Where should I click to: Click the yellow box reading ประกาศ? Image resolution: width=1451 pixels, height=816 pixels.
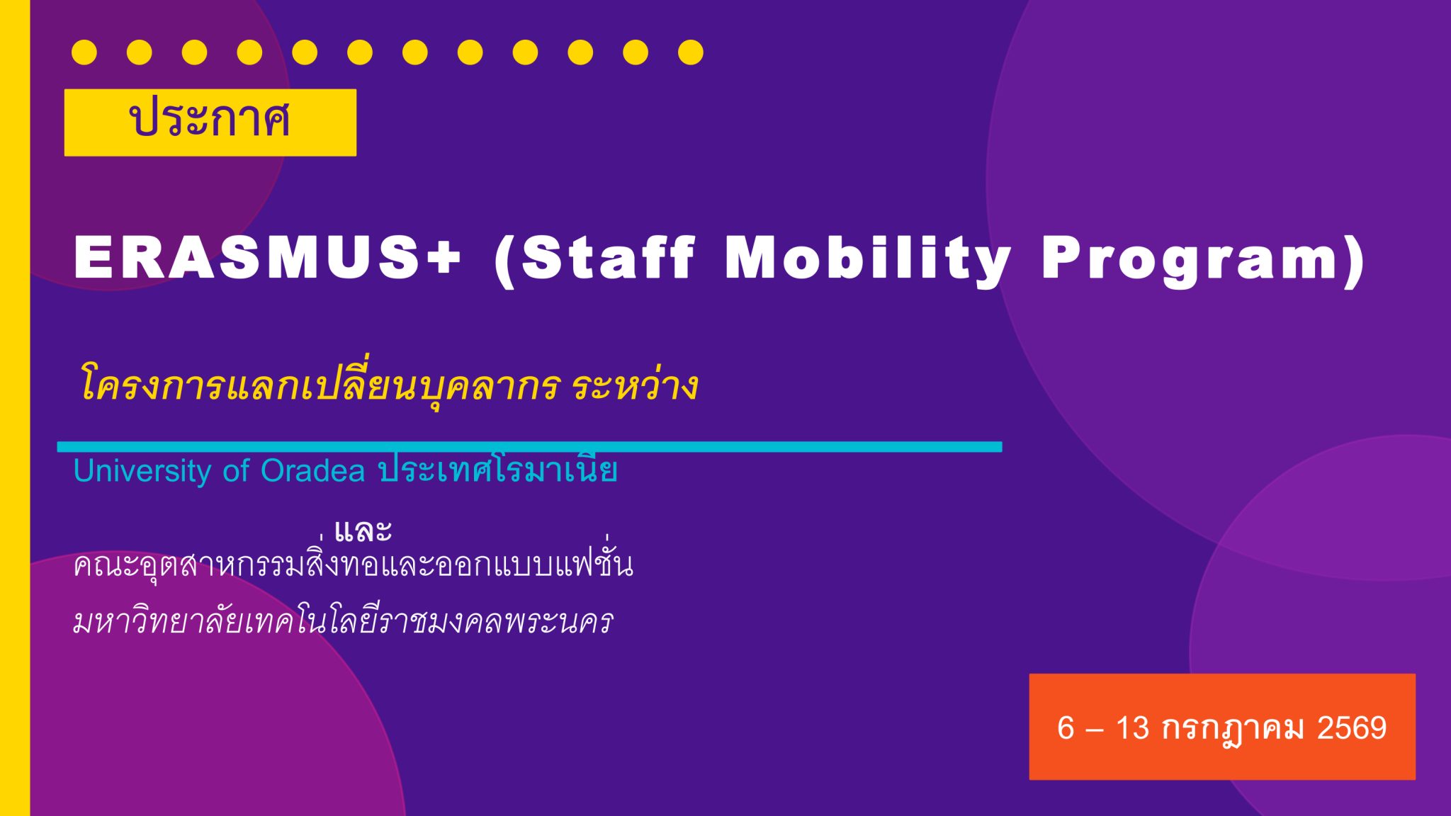click(x=210, y=123)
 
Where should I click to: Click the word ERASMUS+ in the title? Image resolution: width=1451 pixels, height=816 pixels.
click(x=268, y=259)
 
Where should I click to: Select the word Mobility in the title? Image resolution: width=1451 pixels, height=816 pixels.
click(x=868, y=261)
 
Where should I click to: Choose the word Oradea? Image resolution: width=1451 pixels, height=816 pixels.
click(x=312, y=471)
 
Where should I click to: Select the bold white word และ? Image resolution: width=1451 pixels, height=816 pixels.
click(x=363, y=530)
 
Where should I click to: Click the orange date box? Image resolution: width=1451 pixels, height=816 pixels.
click(x=1222, y=727)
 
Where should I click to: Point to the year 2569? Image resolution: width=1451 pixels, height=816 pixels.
click(x=1351, y=728)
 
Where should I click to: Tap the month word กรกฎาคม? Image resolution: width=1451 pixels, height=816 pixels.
click(x=1233, y=730)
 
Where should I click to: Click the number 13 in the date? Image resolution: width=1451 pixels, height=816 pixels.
click(x=1132, y=728)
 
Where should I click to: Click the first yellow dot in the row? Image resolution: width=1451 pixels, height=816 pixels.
click(x=84, y=52)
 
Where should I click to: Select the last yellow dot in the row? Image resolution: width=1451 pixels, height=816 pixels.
click(x=691, y=52)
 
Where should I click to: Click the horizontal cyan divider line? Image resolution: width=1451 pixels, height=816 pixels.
click(x=529, y=447)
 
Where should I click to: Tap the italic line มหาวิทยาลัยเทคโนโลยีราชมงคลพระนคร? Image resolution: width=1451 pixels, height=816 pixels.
click(x=343, y=620)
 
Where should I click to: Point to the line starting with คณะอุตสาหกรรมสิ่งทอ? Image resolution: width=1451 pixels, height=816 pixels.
click(x=354, y=564)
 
